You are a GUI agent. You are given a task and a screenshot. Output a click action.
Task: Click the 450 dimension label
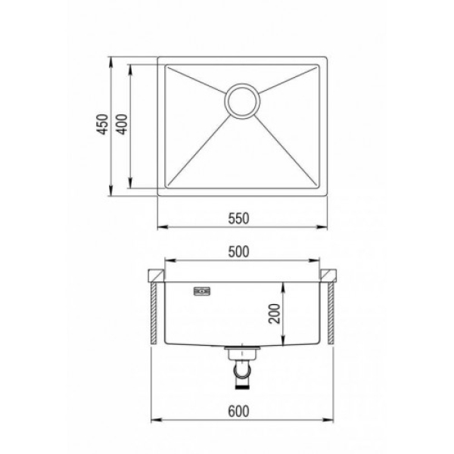(102, 124)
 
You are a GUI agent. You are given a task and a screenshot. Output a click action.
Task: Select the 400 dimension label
(122, 124)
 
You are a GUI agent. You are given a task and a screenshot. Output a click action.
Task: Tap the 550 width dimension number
(238, 219)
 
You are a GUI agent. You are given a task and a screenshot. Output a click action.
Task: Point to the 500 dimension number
(238, 252)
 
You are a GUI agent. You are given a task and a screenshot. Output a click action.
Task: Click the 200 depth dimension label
(275, 313)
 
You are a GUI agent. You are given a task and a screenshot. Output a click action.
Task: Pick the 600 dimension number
(238, 412)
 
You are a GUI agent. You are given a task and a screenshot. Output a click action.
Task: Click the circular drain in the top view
(242, 101)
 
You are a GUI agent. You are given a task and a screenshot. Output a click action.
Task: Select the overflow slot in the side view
(202, 291)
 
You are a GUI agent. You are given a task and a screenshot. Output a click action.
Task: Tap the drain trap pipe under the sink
(242, 374)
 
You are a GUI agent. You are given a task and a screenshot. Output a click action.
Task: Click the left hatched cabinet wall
(154, 313)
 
